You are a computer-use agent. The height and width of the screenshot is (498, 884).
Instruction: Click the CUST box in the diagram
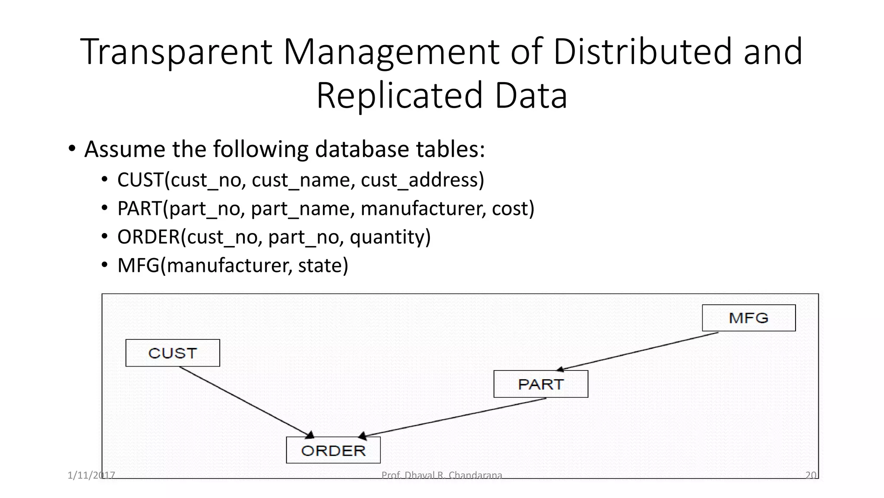point(173,353)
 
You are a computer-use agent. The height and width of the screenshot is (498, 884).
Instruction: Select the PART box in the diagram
point(541,384)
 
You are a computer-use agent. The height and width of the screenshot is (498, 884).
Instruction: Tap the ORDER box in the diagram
point(333,450)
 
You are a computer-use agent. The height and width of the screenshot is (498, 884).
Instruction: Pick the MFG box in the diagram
point(748,318)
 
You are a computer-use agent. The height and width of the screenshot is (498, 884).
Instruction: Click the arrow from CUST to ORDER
point(244,402)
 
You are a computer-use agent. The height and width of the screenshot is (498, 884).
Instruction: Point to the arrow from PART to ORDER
point(453,417)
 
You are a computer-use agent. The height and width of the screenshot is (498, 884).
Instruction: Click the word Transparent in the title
point(176,52)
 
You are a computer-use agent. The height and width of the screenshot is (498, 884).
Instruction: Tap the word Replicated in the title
point(399,96)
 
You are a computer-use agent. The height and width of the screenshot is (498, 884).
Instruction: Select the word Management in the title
point(391,52)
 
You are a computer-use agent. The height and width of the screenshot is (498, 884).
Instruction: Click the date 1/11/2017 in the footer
point(91,476)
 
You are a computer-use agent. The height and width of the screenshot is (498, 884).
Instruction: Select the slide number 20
point(811,476)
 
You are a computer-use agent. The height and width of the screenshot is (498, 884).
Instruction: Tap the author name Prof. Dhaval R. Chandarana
point(442,476)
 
